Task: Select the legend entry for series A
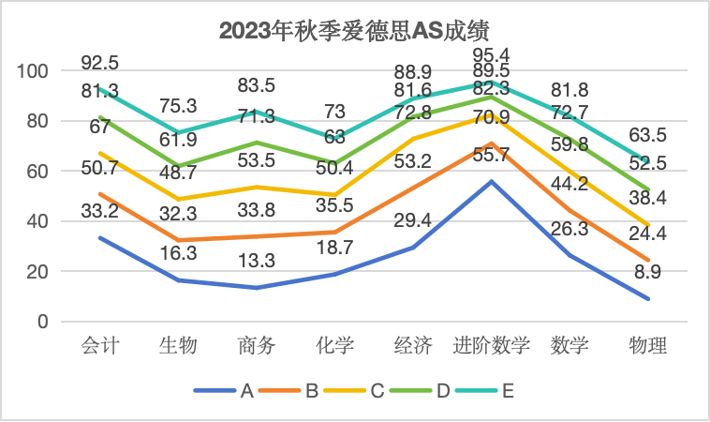225,391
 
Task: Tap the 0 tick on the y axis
41,322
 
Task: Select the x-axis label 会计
98,346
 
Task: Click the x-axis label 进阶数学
492,346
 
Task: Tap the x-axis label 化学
334,346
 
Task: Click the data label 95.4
492,53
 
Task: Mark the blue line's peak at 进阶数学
492,181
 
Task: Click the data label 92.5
99,63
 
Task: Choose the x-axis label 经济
413,346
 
